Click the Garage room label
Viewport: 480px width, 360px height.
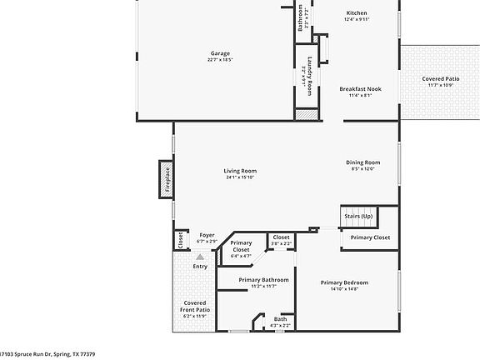220,53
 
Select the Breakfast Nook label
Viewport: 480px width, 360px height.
360,88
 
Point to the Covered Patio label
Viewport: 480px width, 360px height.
440,78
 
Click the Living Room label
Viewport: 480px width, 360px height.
240,171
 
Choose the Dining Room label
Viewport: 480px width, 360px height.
363,162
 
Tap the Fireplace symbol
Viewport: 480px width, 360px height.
167,179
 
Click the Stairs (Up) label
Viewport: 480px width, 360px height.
359,217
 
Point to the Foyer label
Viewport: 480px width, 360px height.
207,235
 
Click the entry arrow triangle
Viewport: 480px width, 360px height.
200,257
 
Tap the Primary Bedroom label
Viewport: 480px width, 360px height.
344,282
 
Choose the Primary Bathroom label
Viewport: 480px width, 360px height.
263,280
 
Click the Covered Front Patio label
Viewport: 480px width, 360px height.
195,307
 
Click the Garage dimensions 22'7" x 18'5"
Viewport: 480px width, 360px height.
220,60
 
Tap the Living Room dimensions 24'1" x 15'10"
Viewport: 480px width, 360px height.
240,177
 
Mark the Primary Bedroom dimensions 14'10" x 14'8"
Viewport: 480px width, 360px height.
344,289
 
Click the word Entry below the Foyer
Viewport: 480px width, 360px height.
200,267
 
